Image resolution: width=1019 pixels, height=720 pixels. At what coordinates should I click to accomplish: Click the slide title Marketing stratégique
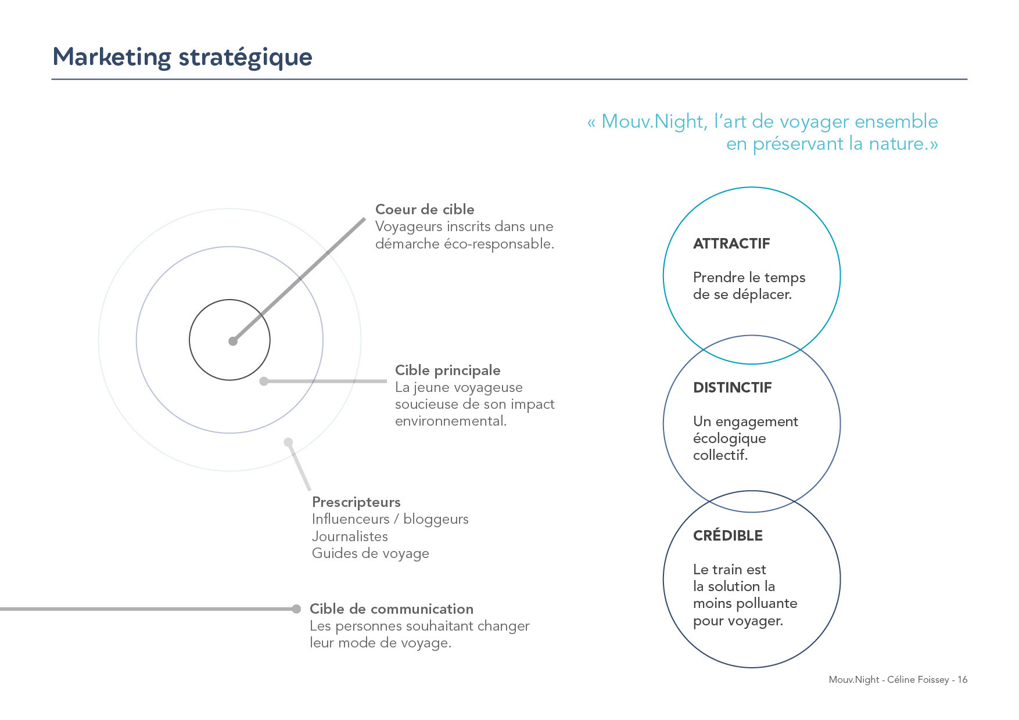coord(182,57)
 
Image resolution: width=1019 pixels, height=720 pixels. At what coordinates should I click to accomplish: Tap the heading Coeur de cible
coord(425,210)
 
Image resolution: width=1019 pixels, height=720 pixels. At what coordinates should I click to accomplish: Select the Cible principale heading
coord(447,371)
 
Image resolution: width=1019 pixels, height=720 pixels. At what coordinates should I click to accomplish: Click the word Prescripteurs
coord(356,502)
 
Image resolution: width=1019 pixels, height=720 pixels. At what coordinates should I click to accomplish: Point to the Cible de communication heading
coord(392,609)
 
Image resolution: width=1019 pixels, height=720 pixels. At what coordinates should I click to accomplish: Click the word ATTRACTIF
coord(731,244)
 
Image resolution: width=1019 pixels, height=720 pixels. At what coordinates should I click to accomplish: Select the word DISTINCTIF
coord(733,388)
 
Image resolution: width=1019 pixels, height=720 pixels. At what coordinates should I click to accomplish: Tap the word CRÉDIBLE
coord(728,535)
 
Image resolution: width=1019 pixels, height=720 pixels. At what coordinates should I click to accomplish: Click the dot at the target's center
coord(233,341)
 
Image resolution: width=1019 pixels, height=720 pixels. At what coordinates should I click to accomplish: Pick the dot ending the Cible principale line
coord(264,381)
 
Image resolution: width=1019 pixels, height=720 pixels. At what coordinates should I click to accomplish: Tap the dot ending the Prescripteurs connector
coord(288,442)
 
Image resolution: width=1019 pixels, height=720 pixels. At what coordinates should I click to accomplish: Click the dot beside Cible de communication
coord(297,609)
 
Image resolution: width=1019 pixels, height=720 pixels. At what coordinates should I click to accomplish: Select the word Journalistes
coord(350,537)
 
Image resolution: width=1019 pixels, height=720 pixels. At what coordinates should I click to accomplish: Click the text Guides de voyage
coord(371,554)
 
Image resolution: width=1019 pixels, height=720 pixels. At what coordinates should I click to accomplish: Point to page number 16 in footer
coord(963,680)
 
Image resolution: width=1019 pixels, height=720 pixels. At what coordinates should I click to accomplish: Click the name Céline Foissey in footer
coord(918,680)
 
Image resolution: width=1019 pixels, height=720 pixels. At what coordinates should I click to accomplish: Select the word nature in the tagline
coord(895,143)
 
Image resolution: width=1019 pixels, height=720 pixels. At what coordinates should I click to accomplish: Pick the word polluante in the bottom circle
coord(769,604)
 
